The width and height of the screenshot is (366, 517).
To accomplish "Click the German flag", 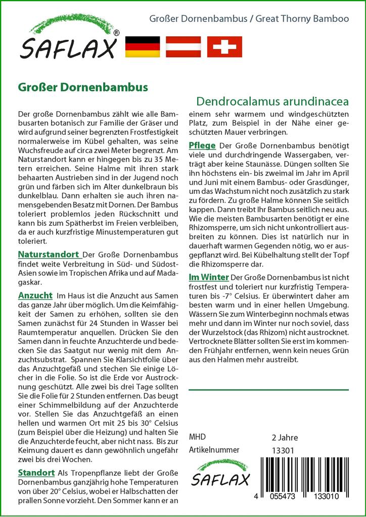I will tap(142, 46).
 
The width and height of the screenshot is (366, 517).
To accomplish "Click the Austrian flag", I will tap(184, 46).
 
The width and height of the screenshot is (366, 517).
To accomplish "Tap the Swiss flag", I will tap(225, 46).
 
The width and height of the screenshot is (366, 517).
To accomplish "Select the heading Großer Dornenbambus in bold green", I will tap(83, 86).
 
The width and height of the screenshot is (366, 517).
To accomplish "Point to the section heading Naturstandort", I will tap(48, 254).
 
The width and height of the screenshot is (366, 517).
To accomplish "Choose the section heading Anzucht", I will tap(35, 295).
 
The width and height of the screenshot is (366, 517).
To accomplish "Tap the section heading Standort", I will tap(36, 473).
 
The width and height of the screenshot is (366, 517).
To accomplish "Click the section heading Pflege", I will tap(202, 145).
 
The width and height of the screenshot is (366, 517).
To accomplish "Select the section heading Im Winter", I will tap(208, 277).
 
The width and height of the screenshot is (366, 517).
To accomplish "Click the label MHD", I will tap(197, 437).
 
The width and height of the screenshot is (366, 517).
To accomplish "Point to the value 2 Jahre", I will tap(285, 437).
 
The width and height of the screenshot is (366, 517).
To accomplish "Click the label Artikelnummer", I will tap(214, 450).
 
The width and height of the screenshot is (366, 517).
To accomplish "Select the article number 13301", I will tap(283, 450).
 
